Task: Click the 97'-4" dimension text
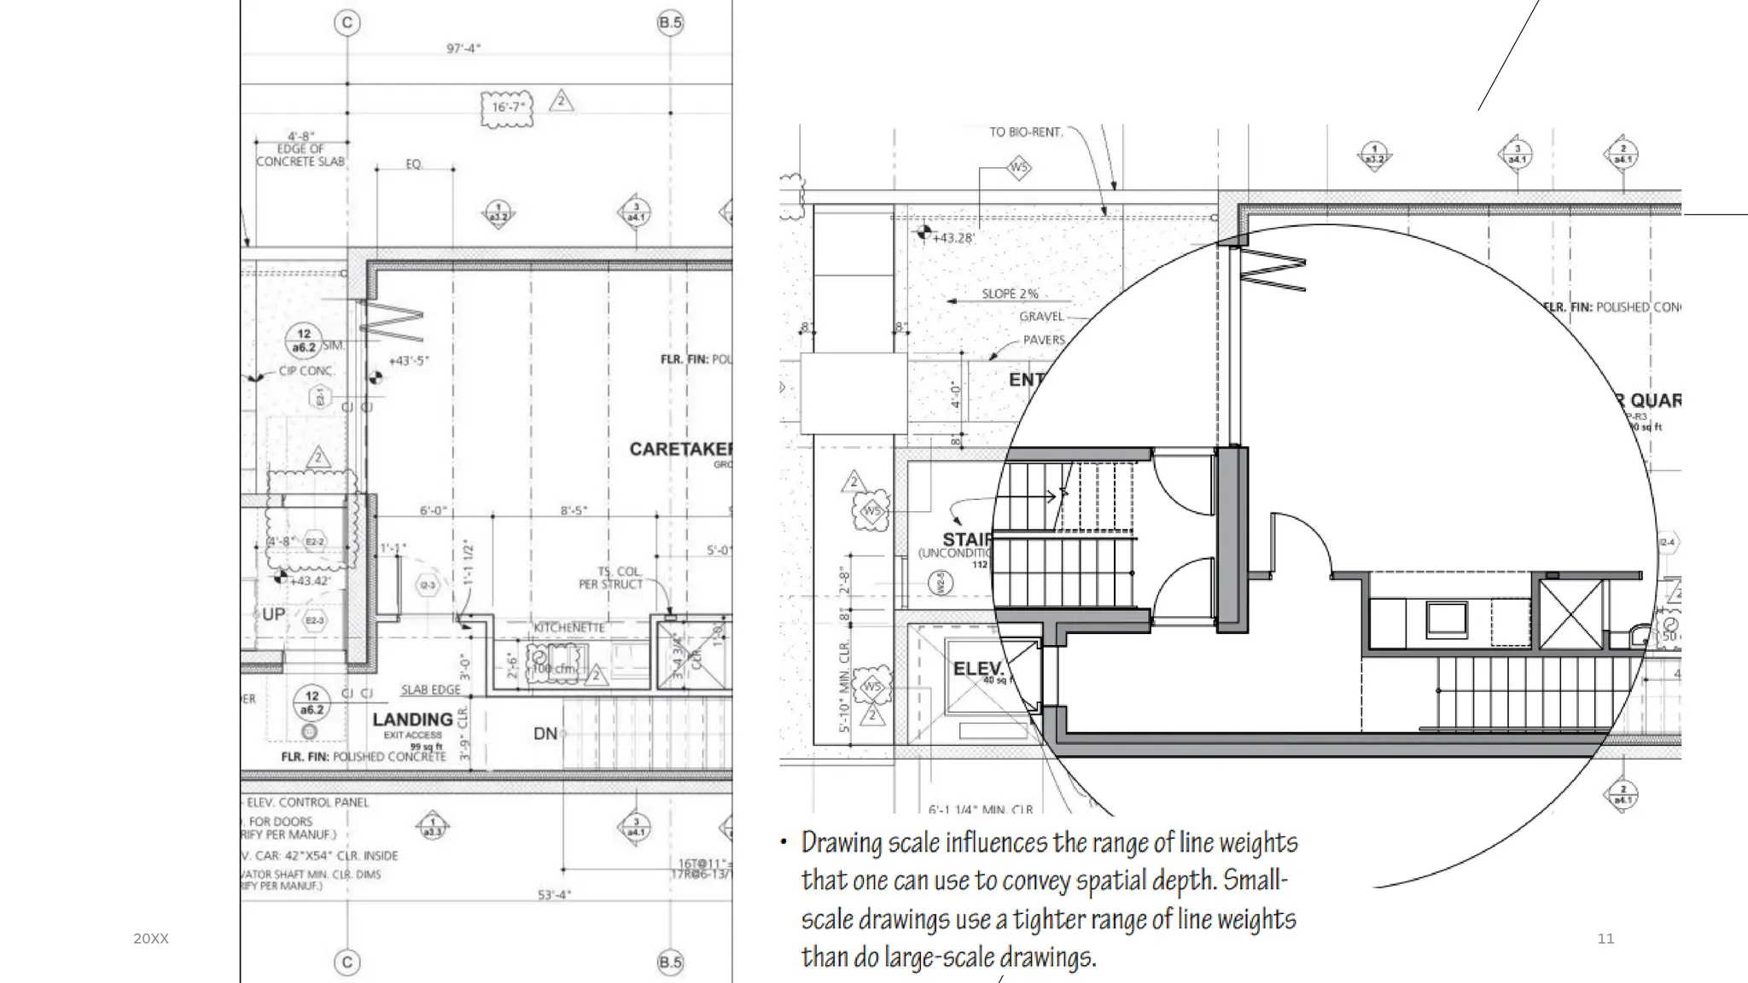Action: pos(463,49)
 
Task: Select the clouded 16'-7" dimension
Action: pos(508,108)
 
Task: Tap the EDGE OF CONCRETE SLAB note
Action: pos(300,154)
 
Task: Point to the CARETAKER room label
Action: pos(680,449)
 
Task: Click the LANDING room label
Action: pos(412,719)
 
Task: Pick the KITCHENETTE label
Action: pos(568,627)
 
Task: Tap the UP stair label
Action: pos(273,614)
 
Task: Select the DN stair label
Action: pos(545,733)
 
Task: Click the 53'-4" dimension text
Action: pos(554,894)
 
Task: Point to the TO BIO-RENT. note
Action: pos(1026,132)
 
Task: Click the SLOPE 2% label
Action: pos(1010,294)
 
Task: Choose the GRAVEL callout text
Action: pos(1041,317)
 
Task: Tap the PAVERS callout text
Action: pos(1044,340)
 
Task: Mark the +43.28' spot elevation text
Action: pos(953,237)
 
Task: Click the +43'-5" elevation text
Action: pos(409,361)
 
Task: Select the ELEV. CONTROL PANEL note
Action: pos(307,802)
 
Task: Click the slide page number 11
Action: pos(1605,939)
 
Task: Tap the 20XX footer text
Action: pos(151,939)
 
